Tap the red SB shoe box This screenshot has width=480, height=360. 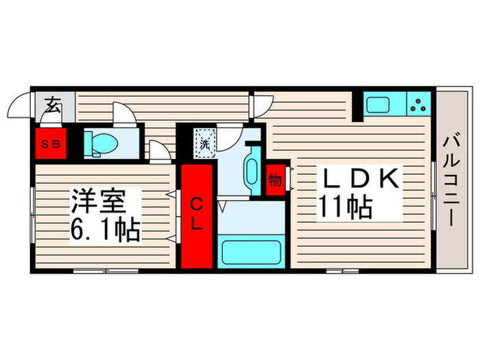48,144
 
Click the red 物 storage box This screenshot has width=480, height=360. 274,180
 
